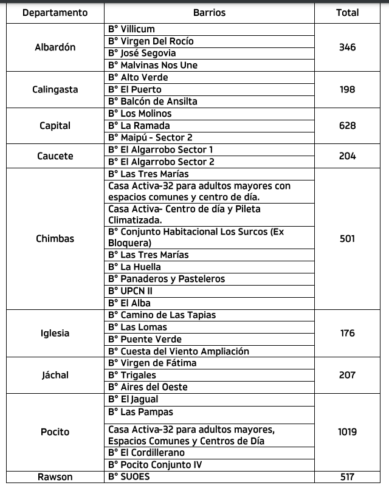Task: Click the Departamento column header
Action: pyautogui.click(x=55, y=13)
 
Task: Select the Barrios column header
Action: pyautogui.click(x=209, y=13)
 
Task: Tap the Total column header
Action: pyautogui.click(x=347, y=13)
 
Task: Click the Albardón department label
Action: pyautogui.click(x=55, y=47)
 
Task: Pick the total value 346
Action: pyautogui.click(x=347, y=47)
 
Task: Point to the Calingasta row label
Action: pyautogui.click(x=55, y=90)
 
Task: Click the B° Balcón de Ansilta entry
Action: pyautogui.click(x=153, y=101)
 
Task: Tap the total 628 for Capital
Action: pyautogui.click(x=347, y=126)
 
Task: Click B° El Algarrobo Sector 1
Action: pyautogui.click(x=161, y=149)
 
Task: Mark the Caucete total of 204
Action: pyautogui.click(x=347, y=156)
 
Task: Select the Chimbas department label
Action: pyautogui.click(x=55, y=239)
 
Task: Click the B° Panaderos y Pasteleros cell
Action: pyautogui.click(x=166, y=279)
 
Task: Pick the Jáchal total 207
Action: pyautogui.click(x=347, y=375)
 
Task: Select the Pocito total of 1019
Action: pyautogui.click(x=347, y=432)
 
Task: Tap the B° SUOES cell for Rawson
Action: pyautogui.click(x=129, y=477)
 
